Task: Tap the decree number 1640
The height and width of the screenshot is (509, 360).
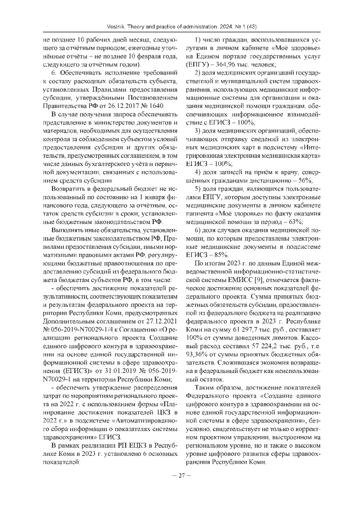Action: (157, 106)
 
